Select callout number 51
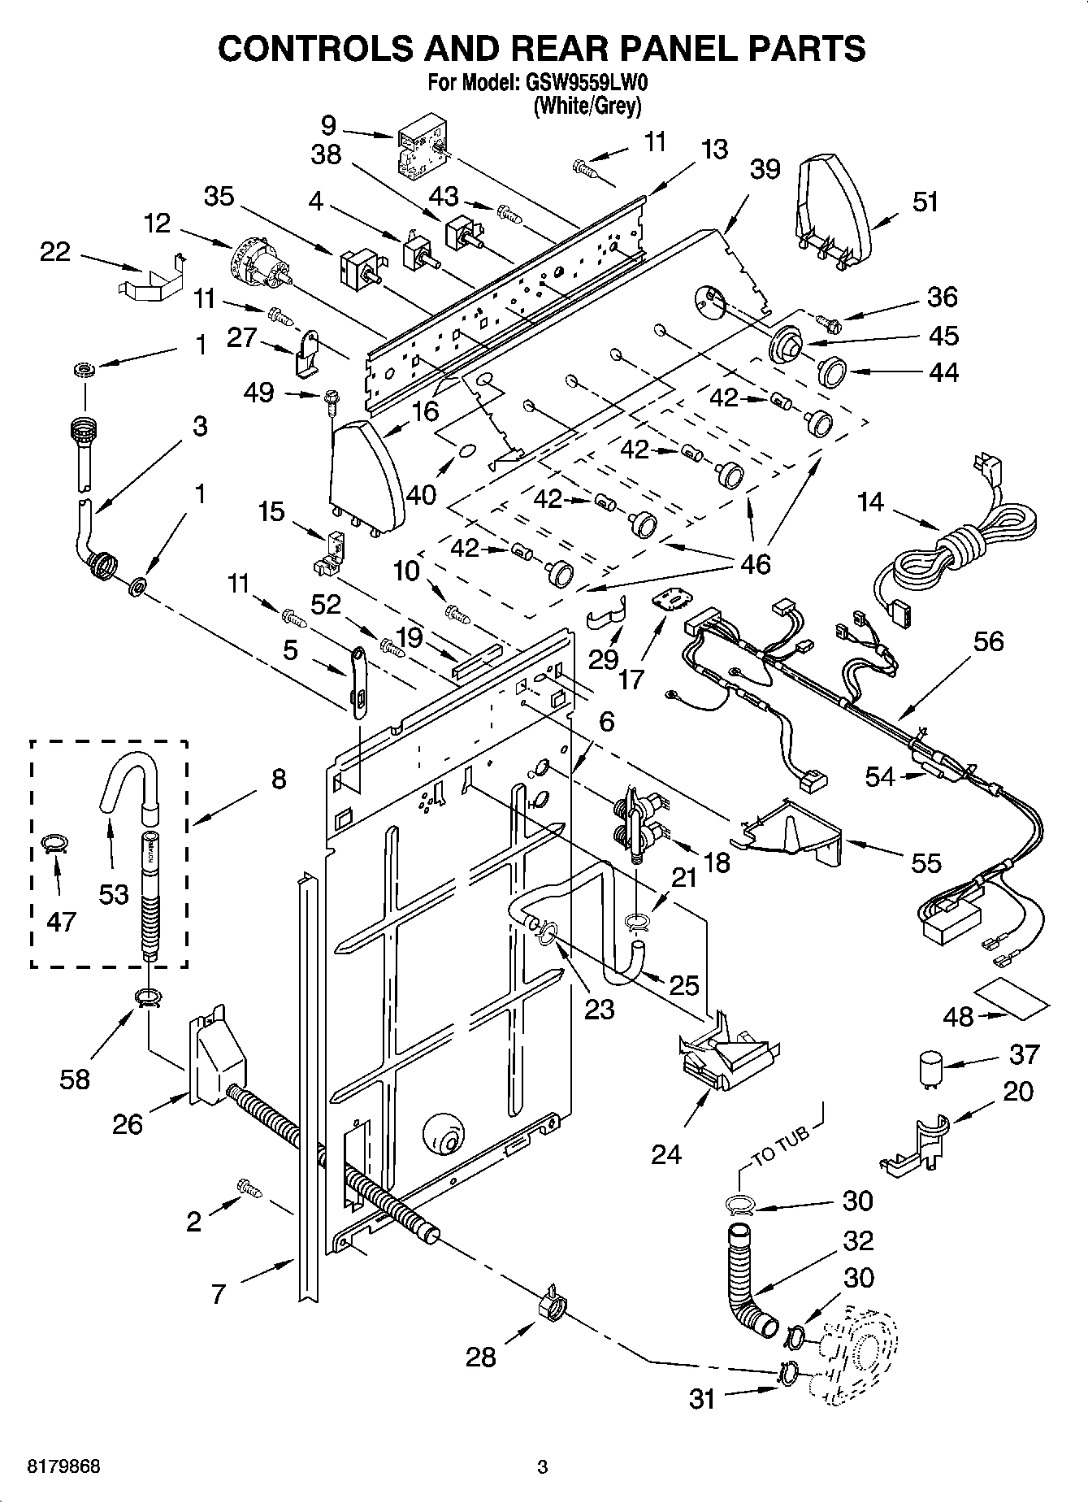point(925,202)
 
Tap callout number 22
point(54,253)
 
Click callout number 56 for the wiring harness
point(987,642)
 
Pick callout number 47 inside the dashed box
point(62,921)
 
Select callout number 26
point(128,1125)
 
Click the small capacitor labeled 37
point(929,1066)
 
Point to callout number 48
point(959,1017)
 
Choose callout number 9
point(328,125)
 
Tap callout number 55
point(925,863)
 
